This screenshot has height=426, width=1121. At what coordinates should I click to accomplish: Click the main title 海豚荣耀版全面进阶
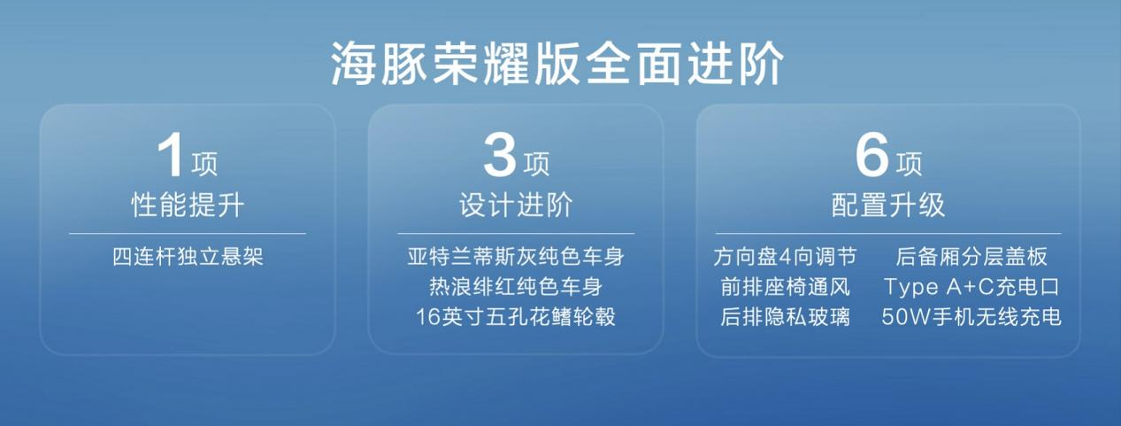[558, 65]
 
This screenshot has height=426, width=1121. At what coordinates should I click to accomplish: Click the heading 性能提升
[188, 206]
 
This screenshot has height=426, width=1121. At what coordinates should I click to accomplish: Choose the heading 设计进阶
[516, 206]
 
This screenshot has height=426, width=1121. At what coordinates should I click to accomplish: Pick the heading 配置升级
[888, 206]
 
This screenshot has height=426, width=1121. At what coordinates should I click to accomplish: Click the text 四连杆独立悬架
[188, 258]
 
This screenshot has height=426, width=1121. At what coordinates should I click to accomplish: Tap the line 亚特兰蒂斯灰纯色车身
[516, 258]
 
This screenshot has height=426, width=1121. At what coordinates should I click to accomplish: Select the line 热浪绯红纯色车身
[516, 287]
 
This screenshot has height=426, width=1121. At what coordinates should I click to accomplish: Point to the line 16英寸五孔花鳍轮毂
[516, 317]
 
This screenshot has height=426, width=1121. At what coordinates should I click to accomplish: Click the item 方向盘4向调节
[785, 258]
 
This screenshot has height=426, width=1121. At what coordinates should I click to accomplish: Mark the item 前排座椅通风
[785, 287]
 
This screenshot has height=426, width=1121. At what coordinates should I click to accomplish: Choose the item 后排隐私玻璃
[785, 317]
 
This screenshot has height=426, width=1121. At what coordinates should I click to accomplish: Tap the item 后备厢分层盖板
[971, 258]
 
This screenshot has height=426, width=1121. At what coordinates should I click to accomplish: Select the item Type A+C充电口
[971, 287]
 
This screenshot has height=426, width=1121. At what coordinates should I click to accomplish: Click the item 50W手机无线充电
[971, 317]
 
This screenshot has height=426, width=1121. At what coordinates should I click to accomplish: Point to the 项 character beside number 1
[204, 164]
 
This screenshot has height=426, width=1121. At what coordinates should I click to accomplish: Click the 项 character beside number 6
[908, 164]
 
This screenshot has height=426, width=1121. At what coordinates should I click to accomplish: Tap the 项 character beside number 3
[535, 164]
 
